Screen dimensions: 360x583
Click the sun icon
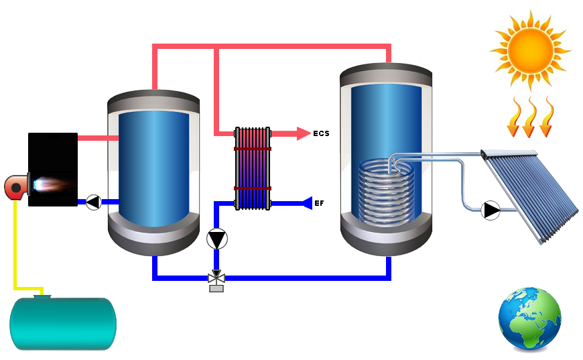(x=529, y=50)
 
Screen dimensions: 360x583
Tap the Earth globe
(x=529, y=320)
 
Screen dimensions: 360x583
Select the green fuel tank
(x=63, y=324)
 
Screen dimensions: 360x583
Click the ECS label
(x=321, y=134)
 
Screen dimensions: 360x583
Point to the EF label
(x=319, y=202)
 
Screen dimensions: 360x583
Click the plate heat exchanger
(x=253, y=168)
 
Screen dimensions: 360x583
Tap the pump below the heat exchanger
(x=216, y=239)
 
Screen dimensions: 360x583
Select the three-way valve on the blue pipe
(x=216, y=278)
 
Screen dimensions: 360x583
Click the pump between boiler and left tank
(x=93, y=202)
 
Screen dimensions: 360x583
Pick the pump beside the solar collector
(x=491, y=210)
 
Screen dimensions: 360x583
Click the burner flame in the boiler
(x=46, y=182)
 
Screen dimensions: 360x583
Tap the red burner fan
(x=16, y=187)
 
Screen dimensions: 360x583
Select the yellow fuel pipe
(x=15, y=241)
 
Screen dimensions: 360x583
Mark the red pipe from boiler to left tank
(x=98, y=138)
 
